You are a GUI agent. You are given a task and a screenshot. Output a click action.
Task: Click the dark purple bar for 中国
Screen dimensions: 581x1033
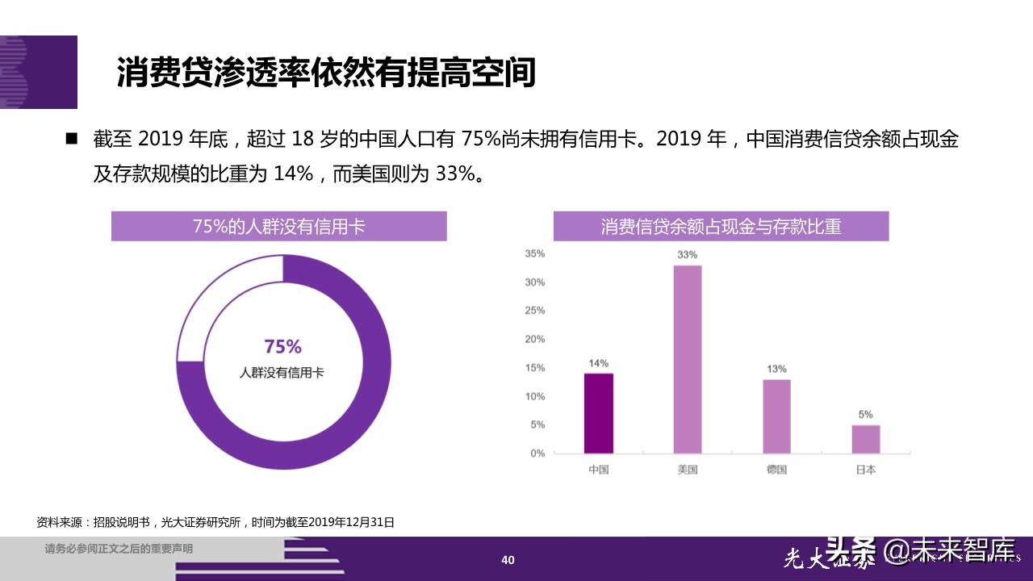(598, 413)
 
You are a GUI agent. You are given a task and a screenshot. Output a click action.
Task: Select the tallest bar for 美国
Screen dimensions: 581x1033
(688, 359)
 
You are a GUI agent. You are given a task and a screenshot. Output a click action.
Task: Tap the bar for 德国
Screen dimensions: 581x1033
(776, 416)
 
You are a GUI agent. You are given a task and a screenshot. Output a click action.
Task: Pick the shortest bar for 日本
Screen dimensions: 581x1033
(865, 439)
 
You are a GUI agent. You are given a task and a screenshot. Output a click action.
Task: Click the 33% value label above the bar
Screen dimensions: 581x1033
(688, 255)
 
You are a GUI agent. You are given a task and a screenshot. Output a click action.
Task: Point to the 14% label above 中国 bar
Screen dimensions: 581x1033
(598, 363)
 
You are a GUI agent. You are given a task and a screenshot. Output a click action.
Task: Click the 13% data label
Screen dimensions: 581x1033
(776, 369)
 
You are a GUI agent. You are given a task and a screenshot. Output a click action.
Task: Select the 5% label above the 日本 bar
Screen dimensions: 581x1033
(865, 415)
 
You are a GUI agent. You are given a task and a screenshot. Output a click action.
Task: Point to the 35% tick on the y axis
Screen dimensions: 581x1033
(534, 253)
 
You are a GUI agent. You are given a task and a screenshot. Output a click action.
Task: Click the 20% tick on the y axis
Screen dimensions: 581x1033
(534, 339)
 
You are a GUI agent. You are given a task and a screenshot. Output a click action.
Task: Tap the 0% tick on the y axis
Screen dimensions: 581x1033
(537, 454)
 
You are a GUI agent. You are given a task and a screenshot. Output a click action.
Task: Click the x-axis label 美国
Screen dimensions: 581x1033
(688, 470)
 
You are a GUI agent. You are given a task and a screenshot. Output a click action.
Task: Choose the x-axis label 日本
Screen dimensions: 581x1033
(865, 470)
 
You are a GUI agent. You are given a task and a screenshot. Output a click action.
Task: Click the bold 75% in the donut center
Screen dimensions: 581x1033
(283, 347)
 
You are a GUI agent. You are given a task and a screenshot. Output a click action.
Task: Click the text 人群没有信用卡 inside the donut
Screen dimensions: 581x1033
(283, 373)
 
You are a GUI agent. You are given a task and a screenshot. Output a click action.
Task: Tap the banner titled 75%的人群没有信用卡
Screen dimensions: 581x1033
(278, 227)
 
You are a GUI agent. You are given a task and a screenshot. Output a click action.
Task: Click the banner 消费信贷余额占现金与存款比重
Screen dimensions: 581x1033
(721, 227)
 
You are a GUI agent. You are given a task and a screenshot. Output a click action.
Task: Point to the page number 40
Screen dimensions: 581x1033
(508, 560)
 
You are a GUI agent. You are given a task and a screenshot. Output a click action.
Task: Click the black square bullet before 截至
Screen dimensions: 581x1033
(71, 139)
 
